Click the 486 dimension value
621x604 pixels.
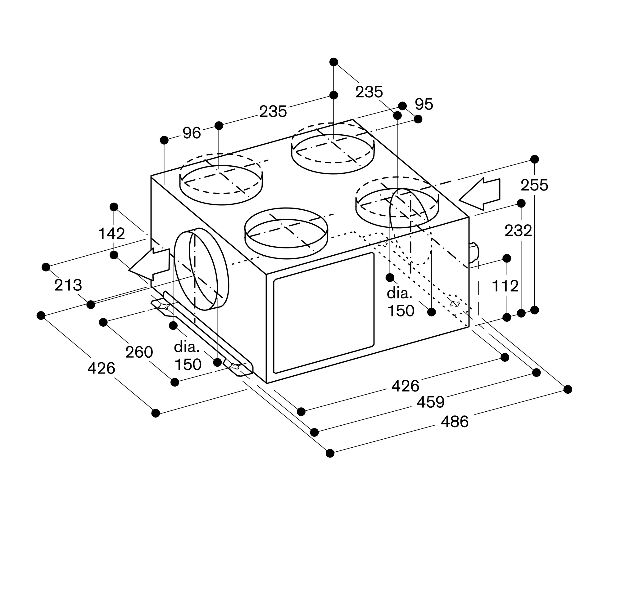coord(454,422)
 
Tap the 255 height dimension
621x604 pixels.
coord(534,185)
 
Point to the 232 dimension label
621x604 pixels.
coord(518,230)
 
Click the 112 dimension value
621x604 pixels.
coord(505,286)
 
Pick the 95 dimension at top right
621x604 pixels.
coord(424,104)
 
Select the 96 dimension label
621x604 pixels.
coord(192,133)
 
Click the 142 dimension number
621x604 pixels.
coord(111,234)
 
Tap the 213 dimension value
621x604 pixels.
coord(68,285)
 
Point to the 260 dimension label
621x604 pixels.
coord(139,352)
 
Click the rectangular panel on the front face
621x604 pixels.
coord(324,313)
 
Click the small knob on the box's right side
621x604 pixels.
coord(474,253)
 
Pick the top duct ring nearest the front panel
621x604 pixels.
coord(286,233)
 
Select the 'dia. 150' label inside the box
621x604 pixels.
coord(400,302)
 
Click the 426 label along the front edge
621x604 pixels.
coord(405,386)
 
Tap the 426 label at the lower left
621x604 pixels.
coord(101,368)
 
